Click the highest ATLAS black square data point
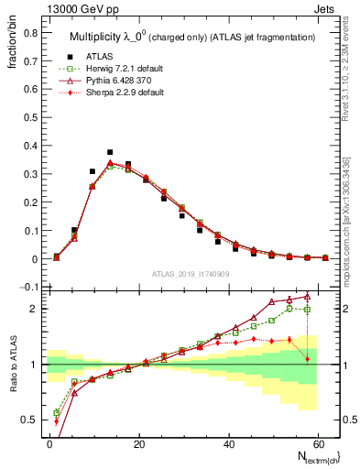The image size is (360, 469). tap(110, 152)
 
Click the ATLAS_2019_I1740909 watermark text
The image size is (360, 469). tap(191, 274)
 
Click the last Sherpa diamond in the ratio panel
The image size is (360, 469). tap(308, 359)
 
